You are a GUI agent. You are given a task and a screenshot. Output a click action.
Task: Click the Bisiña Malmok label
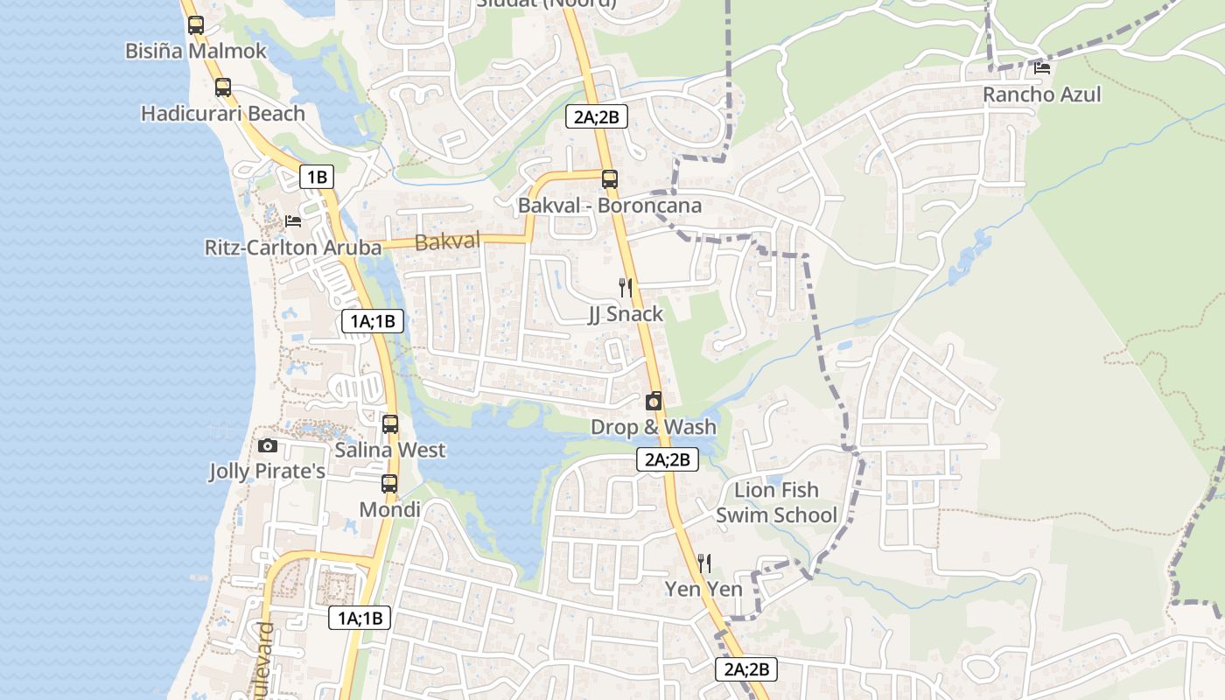pyautogui.click(x=195, y=51)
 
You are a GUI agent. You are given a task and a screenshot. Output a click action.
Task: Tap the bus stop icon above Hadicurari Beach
pyautogui.click(x=223, y=87)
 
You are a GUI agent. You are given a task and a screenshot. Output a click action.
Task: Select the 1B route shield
pyautogui.click(x=317, y=177)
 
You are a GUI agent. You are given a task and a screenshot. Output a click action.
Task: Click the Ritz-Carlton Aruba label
pyautogui.click(x=293, y=248)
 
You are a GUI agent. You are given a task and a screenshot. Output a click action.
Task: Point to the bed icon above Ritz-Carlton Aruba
pyautogui.click(x=293, y=220)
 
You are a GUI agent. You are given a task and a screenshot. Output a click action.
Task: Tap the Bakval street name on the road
pyautogui.click(x=448, y=241)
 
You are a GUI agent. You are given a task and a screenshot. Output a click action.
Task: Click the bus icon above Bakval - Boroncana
pyautogui.click(x=610, y=179)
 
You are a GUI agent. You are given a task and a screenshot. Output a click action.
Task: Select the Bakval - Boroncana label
pyautogui.click(x=610, y=206)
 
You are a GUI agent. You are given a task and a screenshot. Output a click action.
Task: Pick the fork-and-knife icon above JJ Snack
pyautogui.click(x=625, y=287)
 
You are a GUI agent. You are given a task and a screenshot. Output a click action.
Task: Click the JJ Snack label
pyautogui.click(x=625, y=314)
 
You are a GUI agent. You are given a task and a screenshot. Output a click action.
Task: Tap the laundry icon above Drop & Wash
pyautogui.click(x=653, y=401)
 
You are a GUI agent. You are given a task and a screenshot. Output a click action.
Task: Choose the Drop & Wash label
pyautogui.click(x=653, y=427)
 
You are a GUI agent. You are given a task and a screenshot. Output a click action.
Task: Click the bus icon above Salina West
pyautogui.click(x=390, y=424)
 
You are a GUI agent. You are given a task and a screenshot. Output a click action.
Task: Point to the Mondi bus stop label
pyautogui.click(x=390, y=509)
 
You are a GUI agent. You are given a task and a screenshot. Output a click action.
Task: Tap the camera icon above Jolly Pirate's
pyautogui.click(x=268, y=446)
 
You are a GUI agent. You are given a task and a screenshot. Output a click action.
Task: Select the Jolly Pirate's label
pyautogui.click(x=267, y=472)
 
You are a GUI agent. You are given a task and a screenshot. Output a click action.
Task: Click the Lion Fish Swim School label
pyautogui.click(x=776, y=502)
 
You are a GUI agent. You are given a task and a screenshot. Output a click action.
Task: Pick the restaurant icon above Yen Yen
pyautogui.click(x=703, y=563)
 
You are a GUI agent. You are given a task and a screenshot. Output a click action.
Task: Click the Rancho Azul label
pyautogui.click(x=1041, y=94)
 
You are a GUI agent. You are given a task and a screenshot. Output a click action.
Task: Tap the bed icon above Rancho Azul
pyautogui.click(x=1041, y=67)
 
